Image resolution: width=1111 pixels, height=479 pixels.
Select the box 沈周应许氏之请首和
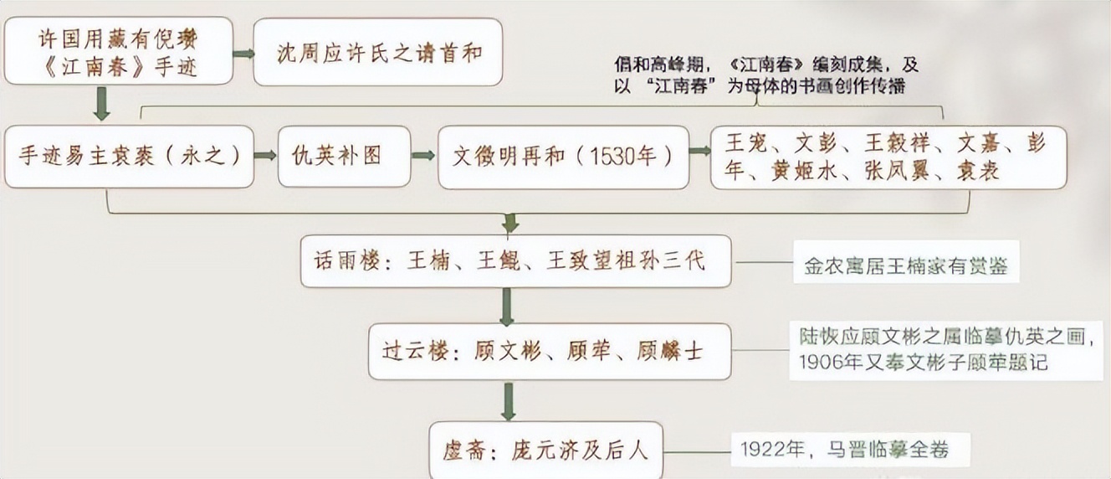point(378,53)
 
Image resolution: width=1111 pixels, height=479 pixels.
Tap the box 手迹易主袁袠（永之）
point(129,157)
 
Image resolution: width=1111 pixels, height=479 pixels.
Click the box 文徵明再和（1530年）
point(563,157)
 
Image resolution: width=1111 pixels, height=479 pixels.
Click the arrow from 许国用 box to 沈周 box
point(243,54)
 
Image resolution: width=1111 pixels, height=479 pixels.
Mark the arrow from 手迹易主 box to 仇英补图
point(265,157)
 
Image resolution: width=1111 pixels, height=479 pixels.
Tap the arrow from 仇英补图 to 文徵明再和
point(423,157)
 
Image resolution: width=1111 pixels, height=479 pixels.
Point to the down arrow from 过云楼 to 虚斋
point(506,401)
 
